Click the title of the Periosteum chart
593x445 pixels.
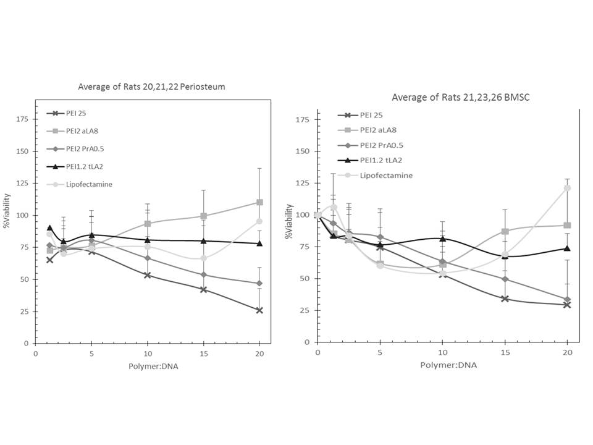click(x=151, y=87)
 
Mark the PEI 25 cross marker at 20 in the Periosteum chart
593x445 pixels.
click(x=259, y=310)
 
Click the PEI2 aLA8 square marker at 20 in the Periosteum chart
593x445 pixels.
click(x=259, y=202)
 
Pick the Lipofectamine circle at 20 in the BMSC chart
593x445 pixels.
click(x=567, y=188)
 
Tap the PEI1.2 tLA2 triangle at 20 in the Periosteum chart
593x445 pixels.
click(x=259, y=243)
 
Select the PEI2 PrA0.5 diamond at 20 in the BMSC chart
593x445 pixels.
click(x=567, y=299)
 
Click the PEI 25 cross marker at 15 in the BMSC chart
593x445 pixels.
click(x=505, y=299)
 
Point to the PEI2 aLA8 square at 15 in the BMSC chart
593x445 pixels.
click(x=505, y=231)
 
